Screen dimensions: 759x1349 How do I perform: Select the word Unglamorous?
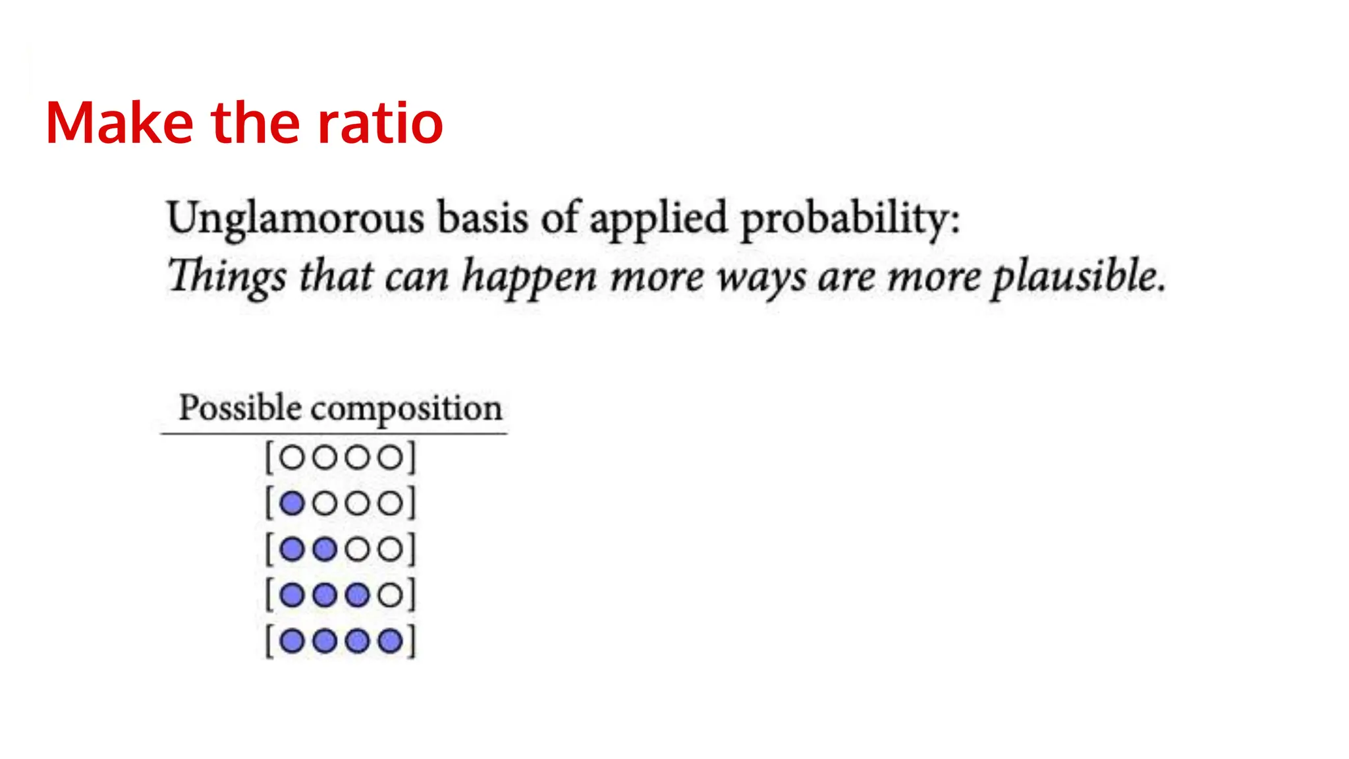coord(295,219)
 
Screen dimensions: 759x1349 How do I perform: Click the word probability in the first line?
coord(850,219)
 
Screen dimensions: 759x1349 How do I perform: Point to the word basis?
coord(483,217)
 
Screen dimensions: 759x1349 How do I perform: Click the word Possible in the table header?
coord(240,408)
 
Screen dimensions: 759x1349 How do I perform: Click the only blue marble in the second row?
coord(292,503)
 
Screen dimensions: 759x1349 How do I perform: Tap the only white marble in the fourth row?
coord(391,595)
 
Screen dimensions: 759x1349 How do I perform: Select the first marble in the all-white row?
coord(292,457)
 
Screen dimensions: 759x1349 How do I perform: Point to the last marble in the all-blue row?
coord(391,641)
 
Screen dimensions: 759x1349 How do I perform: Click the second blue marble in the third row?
coord(325,549)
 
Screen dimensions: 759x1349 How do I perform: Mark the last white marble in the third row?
coord(391,549)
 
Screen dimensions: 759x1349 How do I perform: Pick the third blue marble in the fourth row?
coord(358,595)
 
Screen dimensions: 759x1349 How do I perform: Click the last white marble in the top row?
coord(391,457)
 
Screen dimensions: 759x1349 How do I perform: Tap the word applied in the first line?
coord(658,219)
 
